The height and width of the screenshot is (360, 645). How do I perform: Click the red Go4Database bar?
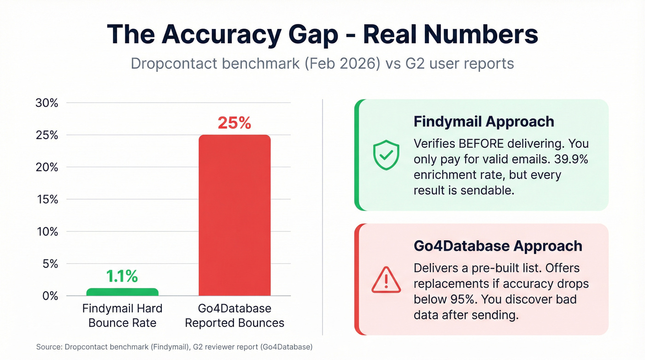[235, 215]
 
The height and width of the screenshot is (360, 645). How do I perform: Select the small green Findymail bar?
[122, 292]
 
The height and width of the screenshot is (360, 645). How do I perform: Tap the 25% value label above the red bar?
[235, 123]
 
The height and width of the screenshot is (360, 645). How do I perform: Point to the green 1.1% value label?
[122, 276]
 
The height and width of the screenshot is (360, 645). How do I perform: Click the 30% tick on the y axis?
[47, 103]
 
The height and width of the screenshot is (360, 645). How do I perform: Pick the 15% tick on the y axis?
[47, 200]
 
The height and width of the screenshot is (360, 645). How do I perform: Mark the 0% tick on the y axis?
[49, 296]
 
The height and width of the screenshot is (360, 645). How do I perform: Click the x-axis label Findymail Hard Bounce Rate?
[122, 315]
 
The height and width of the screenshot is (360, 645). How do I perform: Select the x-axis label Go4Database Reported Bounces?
[235, 315]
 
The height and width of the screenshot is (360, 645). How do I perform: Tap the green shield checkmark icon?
[386, 155]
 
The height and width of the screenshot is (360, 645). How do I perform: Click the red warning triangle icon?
[386, 280]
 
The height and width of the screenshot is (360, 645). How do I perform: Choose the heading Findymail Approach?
[484, 122]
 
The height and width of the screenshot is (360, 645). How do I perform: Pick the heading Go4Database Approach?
[498, 246]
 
